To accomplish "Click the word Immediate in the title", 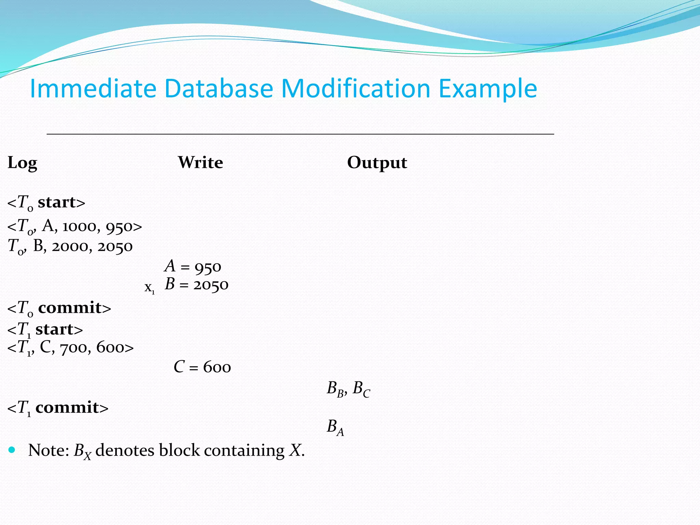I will pyautogui.click(x=93, y=89).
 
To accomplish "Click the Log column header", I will pyautogui.click(x=22, y=163).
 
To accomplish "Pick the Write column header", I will pyautogui.click(x=201, y=162).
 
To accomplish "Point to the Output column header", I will pyautogui.click(x=377, y=163).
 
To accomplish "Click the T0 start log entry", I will pyautogui.click(x=46, y=202).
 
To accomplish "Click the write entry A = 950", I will pyautogui.click(x=193, y=267).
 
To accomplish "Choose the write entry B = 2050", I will pyautogui.click(x=197, y=284).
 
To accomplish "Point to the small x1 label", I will pyautogui.click(x=149, y=288).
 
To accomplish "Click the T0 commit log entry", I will pyautogui.click(x=59, y=308).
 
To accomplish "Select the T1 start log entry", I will pyautogui.click(x=45, y=329).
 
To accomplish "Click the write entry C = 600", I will pyautogui.click(x=202, y=367).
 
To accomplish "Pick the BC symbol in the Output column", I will pyautogui.click(x=361, y=389).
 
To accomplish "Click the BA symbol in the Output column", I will pyautogui.click(x=335, y=427).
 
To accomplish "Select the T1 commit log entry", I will pyautogui.click(x=58, y=408).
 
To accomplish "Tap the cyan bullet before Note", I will pyautogui.click(x=12, y=450).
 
